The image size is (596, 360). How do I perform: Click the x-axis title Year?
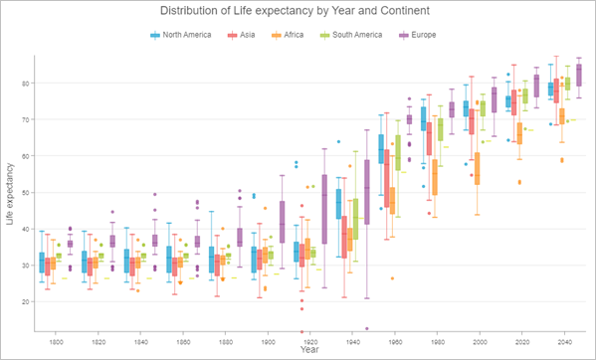coord(310,350)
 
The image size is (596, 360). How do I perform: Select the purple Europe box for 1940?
coord(367,189)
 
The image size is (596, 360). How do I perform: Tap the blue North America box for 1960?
coord(381,149)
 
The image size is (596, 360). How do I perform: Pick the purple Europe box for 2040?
coord(579,76)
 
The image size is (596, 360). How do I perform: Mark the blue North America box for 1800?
coord(41,263)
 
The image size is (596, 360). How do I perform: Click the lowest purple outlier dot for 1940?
coord(367,328)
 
